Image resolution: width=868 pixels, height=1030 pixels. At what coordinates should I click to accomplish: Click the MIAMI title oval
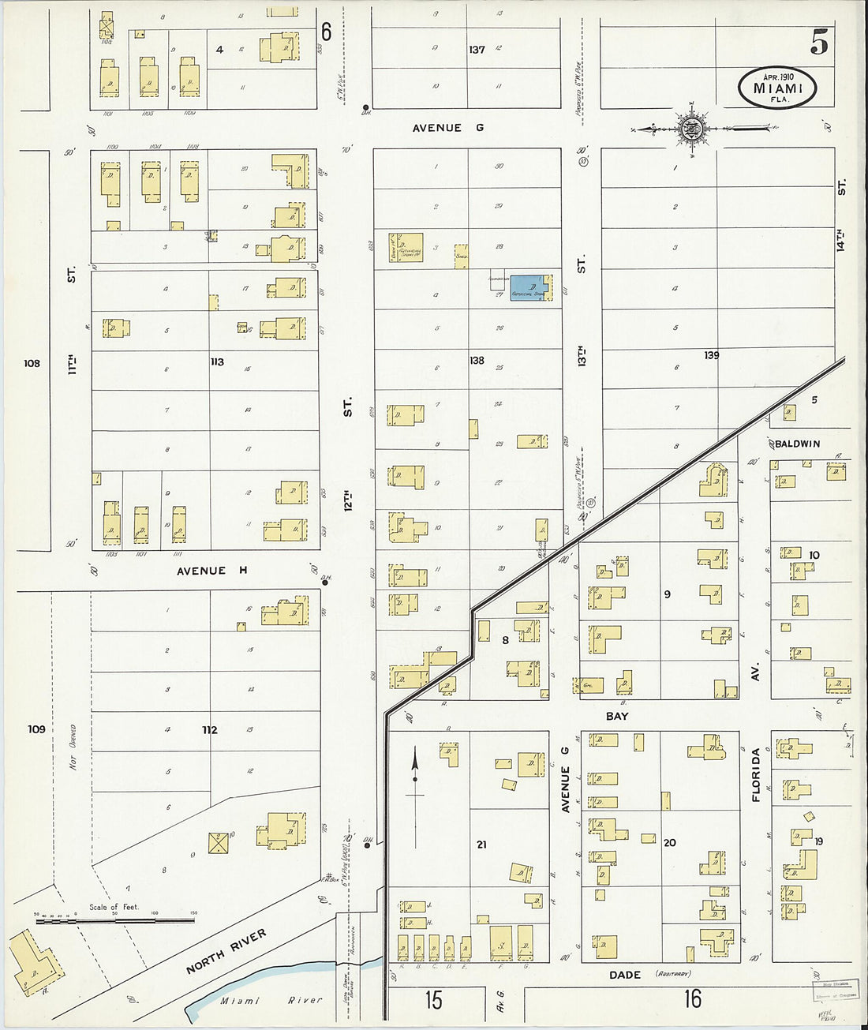coord(777,88)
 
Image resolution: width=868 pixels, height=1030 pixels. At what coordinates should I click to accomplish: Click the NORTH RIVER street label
coord(226,951)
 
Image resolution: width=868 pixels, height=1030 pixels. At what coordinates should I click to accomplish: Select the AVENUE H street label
coord(200,571)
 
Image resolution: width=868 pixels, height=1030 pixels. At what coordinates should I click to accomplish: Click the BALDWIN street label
coord(797,444)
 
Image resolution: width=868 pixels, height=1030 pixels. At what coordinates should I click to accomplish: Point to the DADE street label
coord(625,975)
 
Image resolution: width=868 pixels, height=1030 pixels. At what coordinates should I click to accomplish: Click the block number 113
coord(216,362)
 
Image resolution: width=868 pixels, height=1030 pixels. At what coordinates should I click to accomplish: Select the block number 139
coord(711,356)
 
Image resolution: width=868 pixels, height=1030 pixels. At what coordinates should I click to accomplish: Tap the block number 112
coord(209,730)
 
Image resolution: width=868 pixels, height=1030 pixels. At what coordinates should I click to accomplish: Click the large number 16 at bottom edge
coord(692,999)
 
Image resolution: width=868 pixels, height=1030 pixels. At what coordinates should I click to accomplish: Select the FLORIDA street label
coord(756,775)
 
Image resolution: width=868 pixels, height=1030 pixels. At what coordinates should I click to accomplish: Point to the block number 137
coord(477,50)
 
